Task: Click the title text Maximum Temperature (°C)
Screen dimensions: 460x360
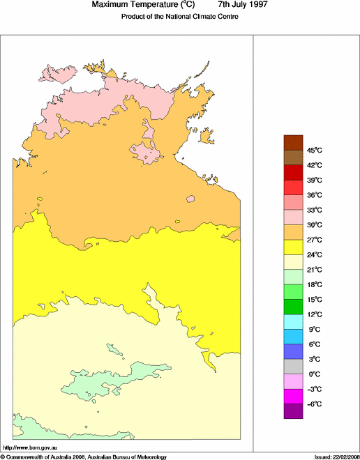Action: tap(148, 5)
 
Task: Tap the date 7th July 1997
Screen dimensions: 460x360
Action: tap(245, 5)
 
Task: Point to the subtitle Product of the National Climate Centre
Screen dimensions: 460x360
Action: tap(180, 16)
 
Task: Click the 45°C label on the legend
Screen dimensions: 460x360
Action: tap(315, 150)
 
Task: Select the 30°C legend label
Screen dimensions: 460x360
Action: tap(315, 224)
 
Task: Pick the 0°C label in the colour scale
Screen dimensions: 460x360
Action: tap(315, 374)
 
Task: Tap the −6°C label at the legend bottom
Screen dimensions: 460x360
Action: tap(315, 404)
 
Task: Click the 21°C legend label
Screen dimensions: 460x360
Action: tap(315, 269)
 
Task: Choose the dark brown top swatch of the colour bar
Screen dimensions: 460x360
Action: tap(293, 142)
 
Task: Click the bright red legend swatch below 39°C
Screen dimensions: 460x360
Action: tap(293, 187)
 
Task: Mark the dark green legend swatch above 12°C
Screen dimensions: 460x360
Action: tap(293, 307)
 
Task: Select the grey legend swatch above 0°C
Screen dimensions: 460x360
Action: tap(293, 367)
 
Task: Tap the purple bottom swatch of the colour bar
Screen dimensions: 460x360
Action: tap(293, 411)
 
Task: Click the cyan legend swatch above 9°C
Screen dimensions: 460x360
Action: tap(293, 322)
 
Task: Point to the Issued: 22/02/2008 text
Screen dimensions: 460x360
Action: tap(336, 457)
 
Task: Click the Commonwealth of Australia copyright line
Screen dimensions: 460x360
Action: tap(84, 457)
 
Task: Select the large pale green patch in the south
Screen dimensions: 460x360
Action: tap(112, 380)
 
